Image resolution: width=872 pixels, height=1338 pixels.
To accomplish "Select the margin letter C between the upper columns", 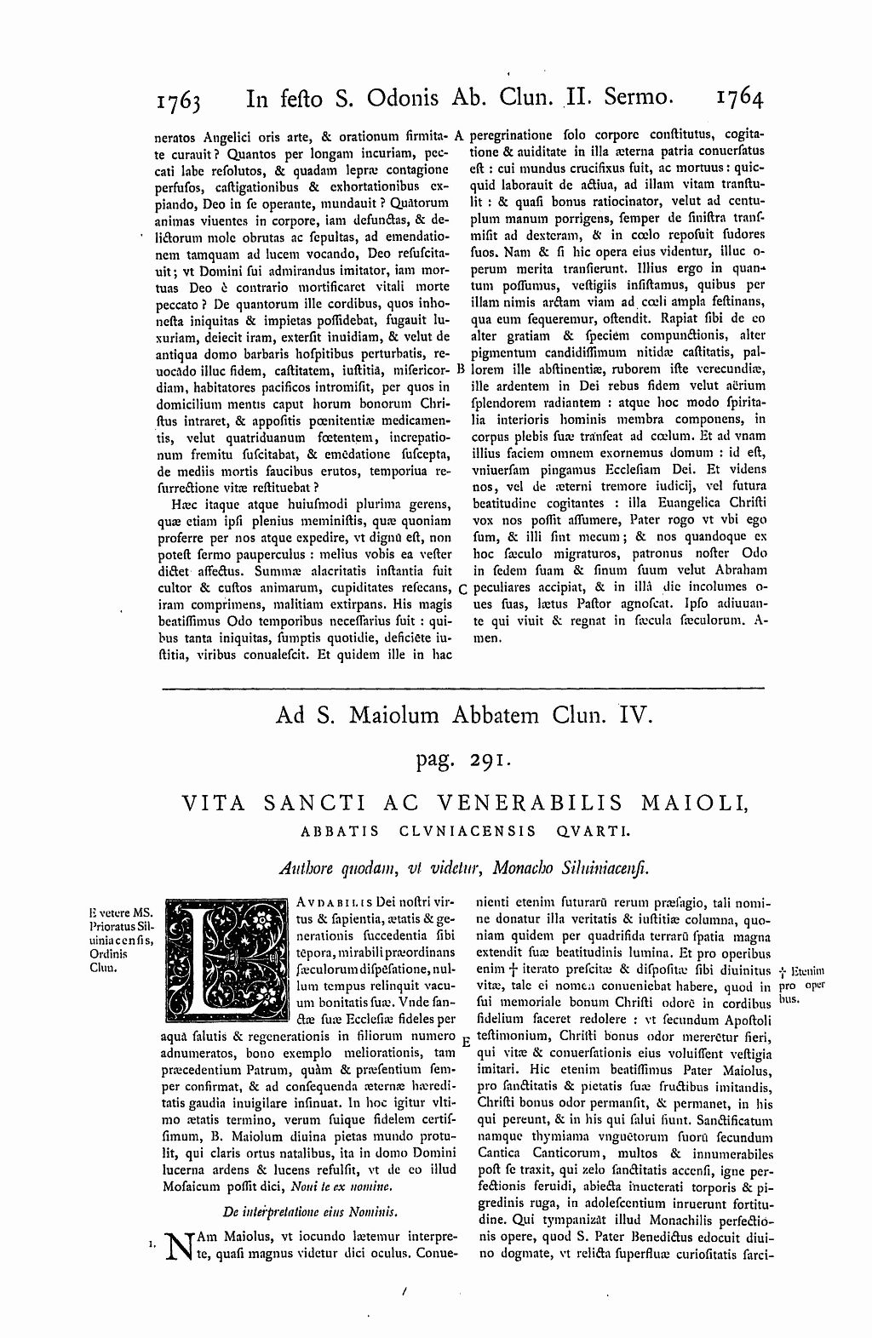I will [461, 588].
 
